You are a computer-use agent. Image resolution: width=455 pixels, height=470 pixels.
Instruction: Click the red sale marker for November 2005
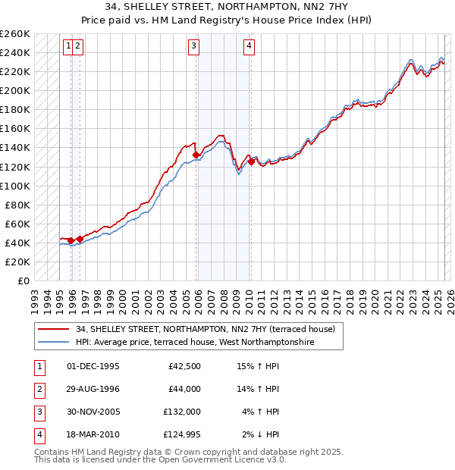coord(196,155)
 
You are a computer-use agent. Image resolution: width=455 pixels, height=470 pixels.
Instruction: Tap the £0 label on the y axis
coord(22,280)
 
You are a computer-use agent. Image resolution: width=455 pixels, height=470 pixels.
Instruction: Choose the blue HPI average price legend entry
coord(194,343)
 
